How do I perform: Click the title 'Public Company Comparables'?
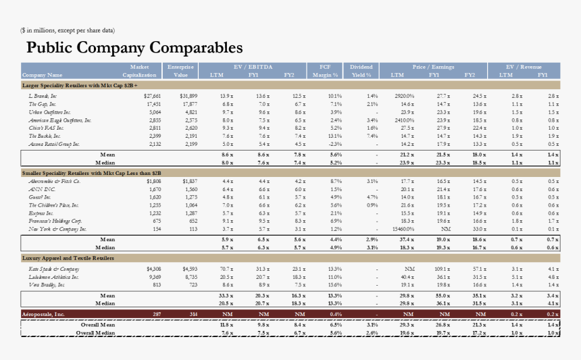[134, 47]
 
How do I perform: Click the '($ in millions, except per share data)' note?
[68, 30]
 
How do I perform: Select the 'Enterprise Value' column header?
[180, 71]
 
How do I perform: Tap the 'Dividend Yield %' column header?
[361, 71]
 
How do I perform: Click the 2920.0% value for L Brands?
[404, 97]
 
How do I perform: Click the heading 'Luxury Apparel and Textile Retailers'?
[68, 258]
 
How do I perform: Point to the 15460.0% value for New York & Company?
[403, 229]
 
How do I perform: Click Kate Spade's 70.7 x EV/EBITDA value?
[226, 269]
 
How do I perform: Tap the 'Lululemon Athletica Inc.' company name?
[53, 277]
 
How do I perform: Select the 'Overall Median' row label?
[95, 333]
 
